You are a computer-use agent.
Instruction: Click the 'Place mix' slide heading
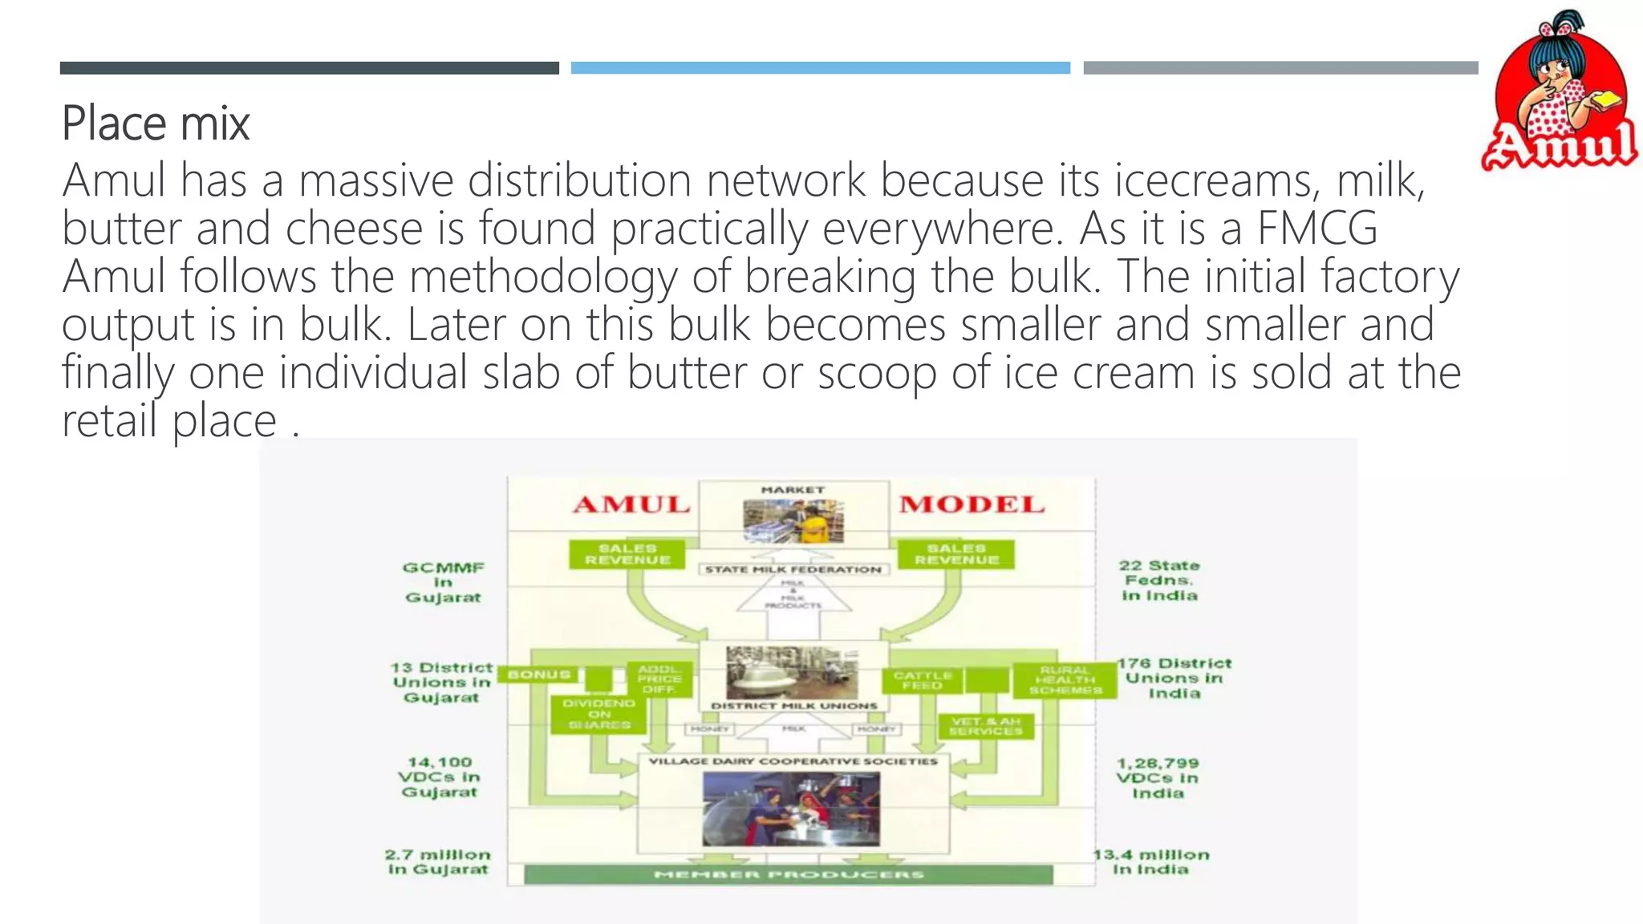(x=156, y=124)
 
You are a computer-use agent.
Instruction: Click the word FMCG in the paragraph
(x=1317, y=228)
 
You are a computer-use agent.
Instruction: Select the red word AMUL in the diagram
(x=631, y=505)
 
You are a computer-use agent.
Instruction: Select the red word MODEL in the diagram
(x=972, y=505)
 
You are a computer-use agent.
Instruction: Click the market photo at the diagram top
(x=793, y=521)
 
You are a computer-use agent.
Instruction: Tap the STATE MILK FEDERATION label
(x=793, y=569)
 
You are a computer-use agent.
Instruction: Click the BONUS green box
(x=538, y=675)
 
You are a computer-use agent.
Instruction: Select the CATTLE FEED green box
(x=922, y=680)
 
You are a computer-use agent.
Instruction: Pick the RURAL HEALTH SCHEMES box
(x=1065, y=680)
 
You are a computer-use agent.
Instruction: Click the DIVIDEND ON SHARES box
(x=599, y=714)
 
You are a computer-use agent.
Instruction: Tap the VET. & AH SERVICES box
(x=986, y=727)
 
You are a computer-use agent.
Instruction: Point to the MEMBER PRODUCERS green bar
(x=789, y=874)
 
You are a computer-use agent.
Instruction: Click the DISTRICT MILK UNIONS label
(x=794, y=706)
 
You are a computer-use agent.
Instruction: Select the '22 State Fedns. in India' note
(x=1159, y=581)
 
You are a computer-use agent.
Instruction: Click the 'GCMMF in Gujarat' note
(x=443, y=582)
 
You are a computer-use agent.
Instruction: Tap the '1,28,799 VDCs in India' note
(x=1158, y=778)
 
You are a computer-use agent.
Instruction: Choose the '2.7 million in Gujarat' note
(x=438, y=862)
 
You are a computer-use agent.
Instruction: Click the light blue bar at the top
(x=820, y=68)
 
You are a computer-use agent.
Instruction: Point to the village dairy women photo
(x=791, y=809)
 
